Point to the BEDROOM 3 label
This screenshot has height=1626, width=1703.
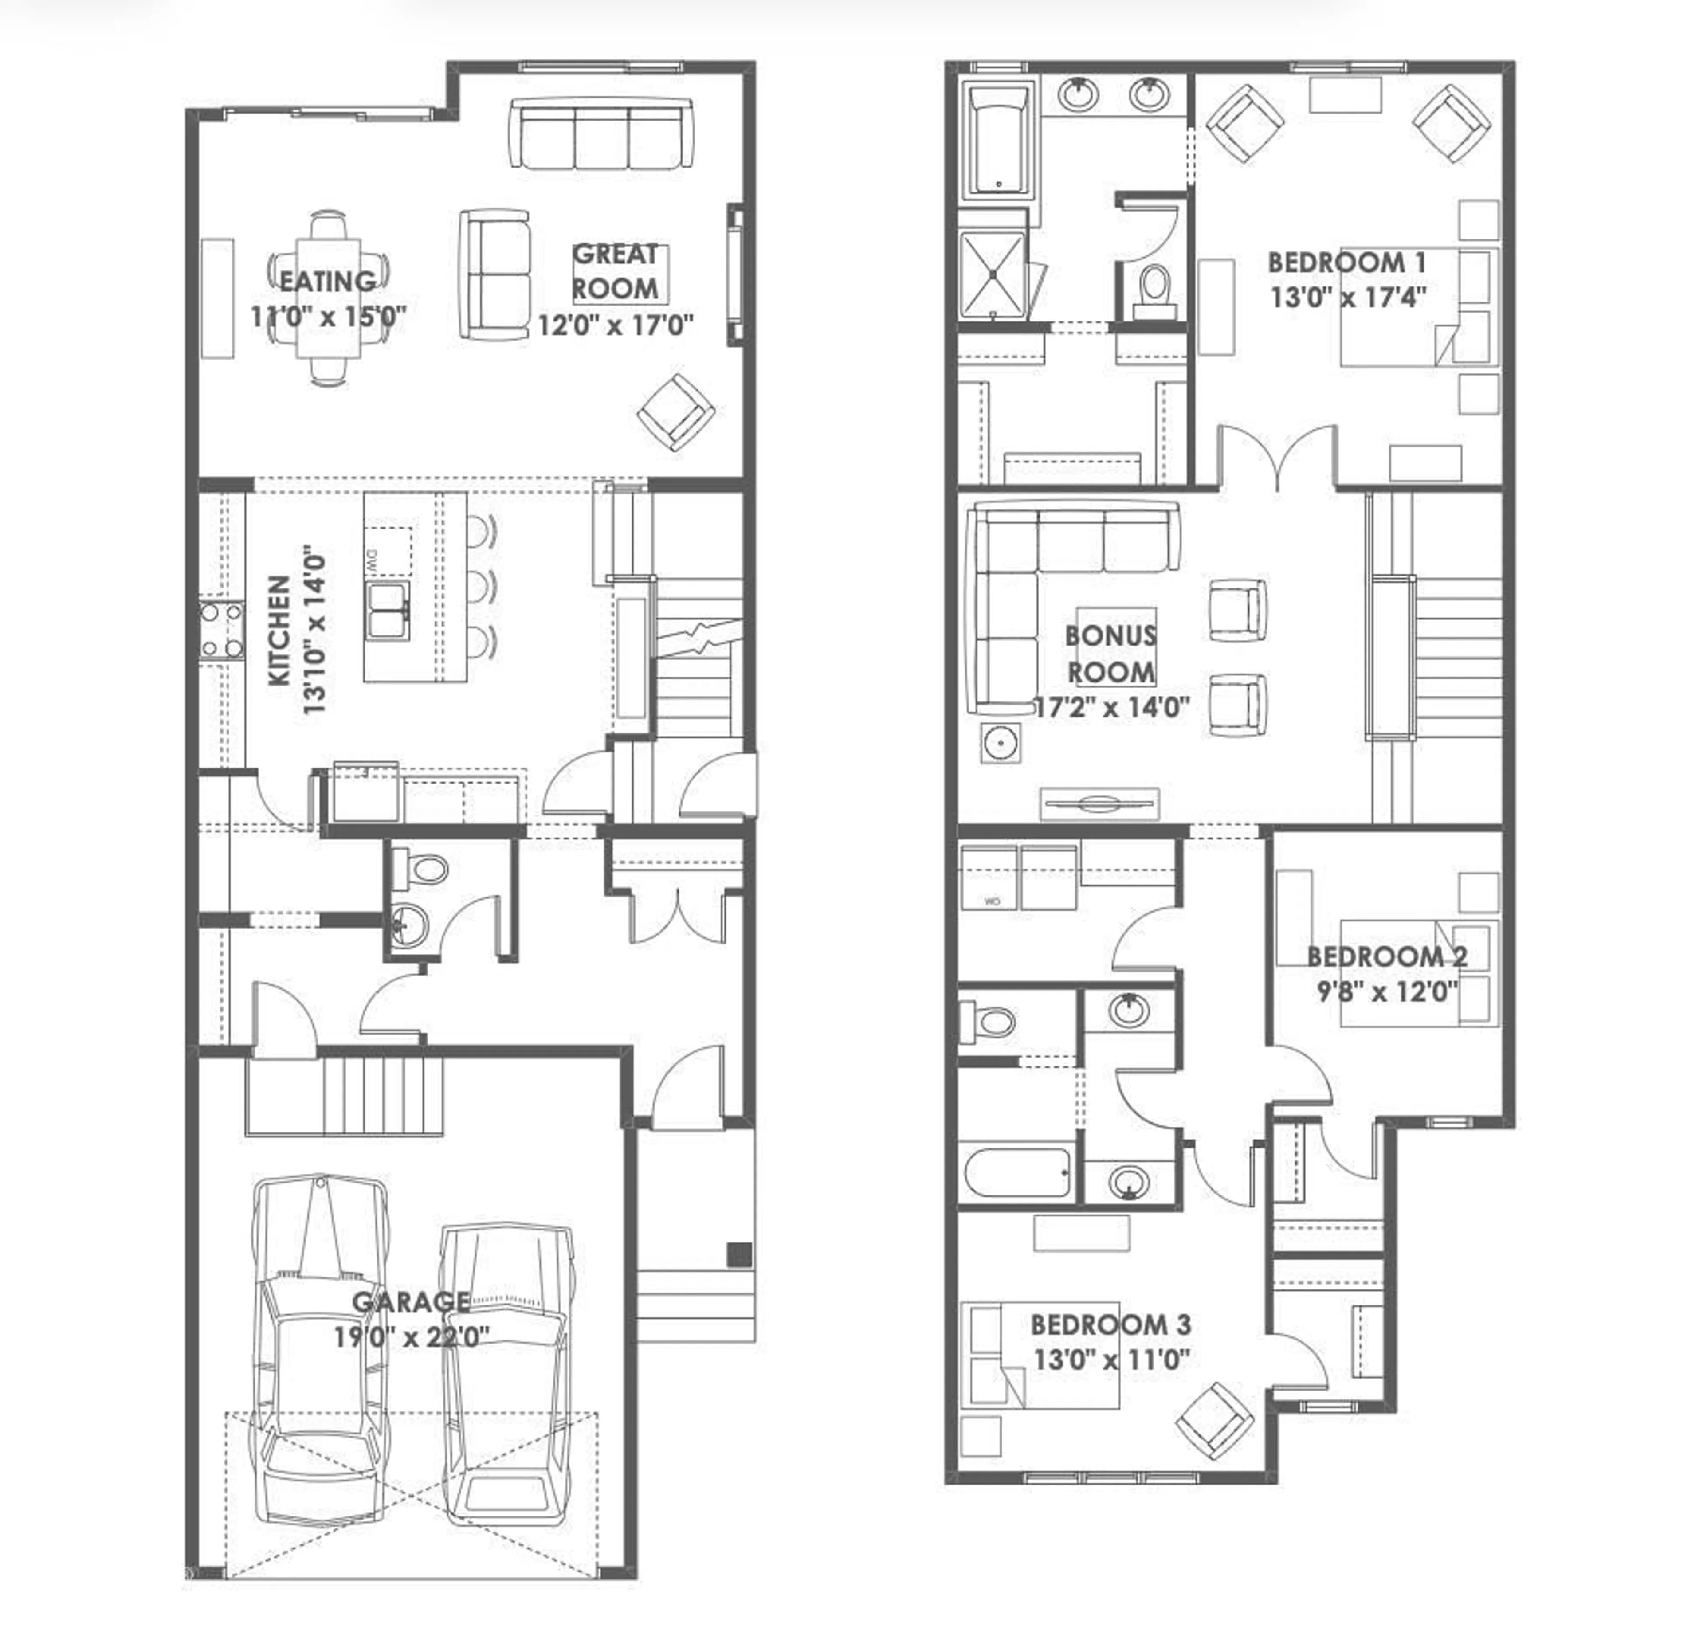tap(1110, 1324)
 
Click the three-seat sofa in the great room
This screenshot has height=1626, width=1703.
tap(600, 133)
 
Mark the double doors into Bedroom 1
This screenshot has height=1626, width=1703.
tap(1277, 457)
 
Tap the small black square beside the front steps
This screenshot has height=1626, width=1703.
tap(739, 1255)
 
